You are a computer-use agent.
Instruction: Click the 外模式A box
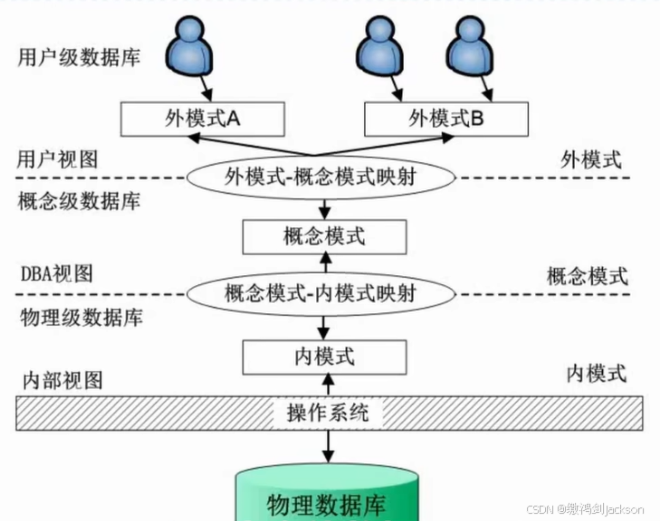[x=203, y=118]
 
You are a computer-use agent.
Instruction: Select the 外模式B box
[x=445, y=118]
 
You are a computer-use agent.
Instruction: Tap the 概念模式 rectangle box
[x=324, y=237]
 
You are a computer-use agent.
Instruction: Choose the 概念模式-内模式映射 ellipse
[x=320, y=294]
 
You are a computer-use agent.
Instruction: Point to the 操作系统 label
[x=327, y=413]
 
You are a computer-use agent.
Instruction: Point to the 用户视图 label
[x=57, y=159]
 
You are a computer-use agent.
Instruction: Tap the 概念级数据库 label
[x=79, y=200]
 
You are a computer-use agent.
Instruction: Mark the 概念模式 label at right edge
[x=587, y=276]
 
